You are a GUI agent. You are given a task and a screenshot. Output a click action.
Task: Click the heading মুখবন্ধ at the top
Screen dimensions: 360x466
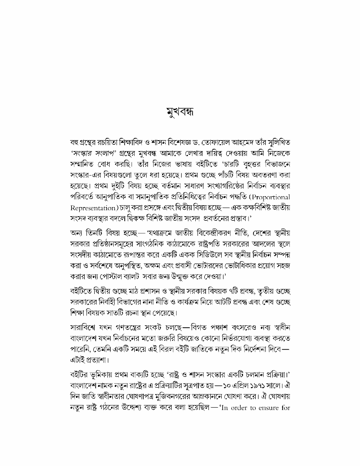180,112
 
